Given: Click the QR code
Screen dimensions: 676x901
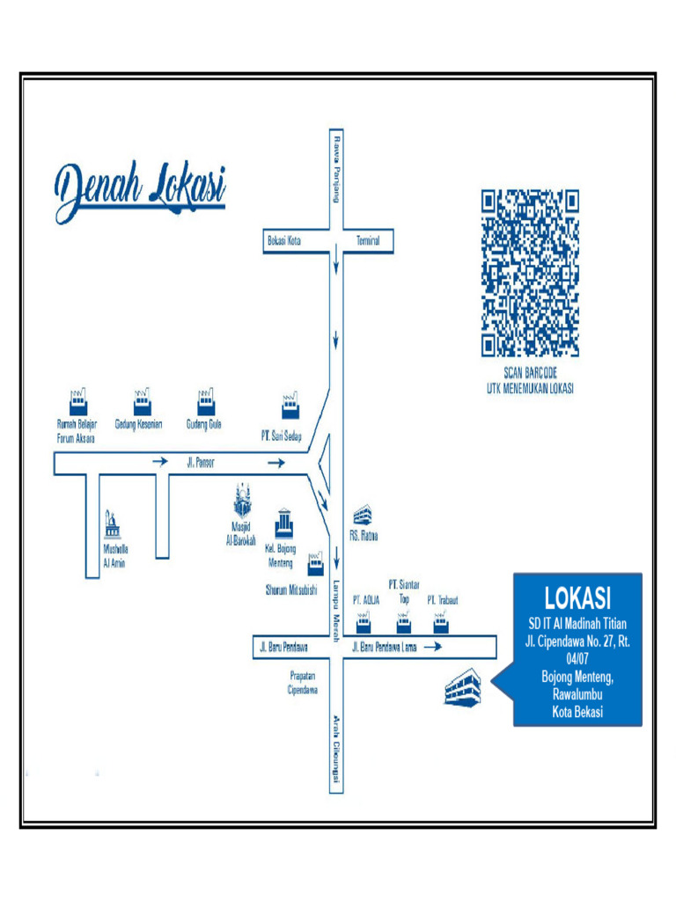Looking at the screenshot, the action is click(x=530, y=273).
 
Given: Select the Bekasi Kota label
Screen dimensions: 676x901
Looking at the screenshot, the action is click(x=284, y=240).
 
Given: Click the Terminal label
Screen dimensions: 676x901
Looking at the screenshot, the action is click(x=367, y=240).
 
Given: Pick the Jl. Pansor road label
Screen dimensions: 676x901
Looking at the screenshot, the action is click(x=200, y=462).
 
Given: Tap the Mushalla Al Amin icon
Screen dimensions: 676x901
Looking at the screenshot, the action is click(x=113, y=524).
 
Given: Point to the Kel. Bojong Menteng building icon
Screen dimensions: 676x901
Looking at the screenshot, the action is click(x=283, y=524).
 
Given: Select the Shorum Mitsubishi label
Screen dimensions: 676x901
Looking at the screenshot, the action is click(x=290, y=590).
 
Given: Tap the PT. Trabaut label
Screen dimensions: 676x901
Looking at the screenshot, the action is click(x=443, y=600).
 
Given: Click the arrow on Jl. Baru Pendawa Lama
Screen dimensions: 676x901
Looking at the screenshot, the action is click(x=431, y=648).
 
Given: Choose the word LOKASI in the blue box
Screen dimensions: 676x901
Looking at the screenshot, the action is click(x=577, y=598).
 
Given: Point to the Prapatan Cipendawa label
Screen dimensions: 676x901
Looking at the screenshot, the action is click(x=302, y=683).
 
